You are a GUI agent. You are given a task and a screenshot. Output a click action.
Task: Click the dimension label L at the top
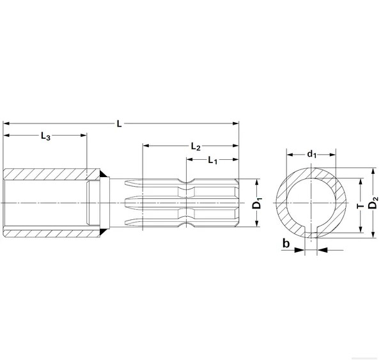point(119,124)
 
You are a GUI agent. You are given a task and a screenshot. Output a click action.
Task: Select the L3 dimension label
point(45,136)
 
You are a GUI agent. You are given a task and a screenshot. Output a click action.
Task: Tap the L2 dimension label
point(196,146)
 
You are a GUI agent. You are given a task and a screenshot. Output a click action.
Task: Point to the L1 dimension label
point(213,160)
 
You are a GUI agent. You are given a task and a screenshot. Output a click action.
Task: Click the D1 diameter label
point(257,203)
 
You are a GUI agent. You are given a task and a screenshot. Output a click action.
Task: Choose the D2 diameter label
point(373,203)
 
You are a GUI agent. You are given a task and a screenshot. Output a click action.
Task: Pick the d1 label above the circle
point(312,154)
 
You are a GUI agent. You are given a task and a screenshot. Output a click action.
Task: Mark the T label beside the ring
point(361,206)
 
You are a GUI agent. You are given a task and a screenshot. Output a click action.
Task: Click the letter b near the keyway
point(286,243)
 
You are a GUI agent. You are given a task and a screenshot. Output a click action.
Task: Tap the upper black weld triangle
point(102,174)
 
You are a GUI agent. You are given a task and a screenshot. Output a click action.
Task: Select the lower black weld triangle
point(102,232)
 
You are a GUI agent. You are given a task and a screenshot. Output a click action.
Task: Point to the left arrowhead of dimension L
point(6,123)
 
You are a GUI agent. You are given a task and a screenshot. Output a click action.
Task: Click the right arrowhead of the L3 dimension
point(84,135)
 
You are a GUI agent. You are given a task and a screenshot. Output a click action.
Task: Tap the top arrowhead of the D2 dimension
point(372,171)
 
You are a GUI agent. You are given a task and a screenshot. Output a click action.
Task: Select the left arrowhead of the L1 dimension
point(189,159)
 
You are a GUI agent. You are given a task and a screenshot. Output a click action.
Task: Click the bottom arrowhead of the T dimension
point(361,229)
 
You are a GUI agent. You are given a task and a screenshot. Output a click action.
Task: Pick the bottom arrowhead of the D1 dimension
point(257,223)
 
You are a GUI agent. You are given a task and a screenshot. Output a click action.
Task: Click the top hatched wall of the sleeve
point(52,175)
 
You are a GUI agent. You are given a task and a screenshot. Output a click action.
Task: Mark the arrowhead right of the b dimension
point(321,250)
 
